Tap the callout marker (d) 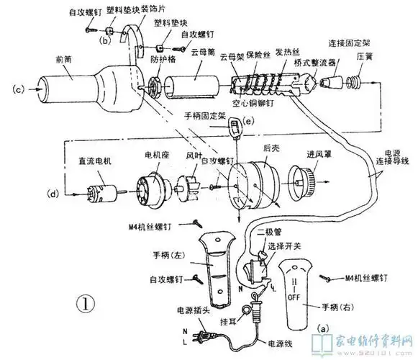pyautogui.click(x=51, y=192)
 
